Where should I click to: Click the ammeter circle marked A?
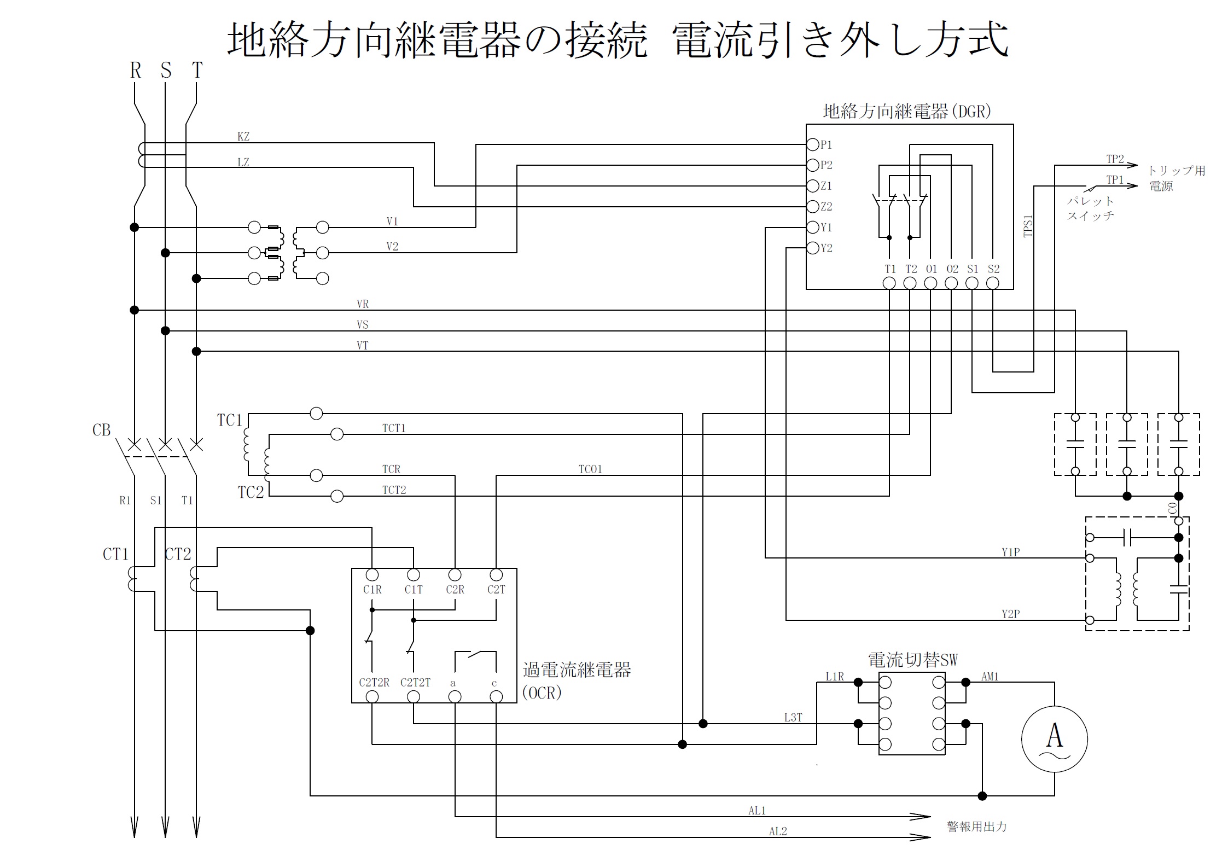pyautogui.click(x=1054, y=739)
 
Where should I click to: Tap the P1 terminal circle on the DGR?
pyautogui.click(x=813, y=144)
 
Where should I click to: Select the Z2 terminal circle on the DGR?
pyautogui.click(x=813, y=206)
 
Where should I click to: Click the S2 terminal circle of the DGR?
pyautogui.click(x=992, y=282)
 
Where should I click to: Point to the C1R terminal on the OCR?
pyautogui.click(x=372, y=575)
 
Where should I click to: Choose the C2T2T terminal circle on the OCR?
pyautogui.click(x=414, y=696)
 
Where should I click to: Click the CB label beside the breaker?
pyautogui.click(x=101, y=430)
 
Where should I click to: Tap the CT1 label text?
pyautogui.click(x=115, y=555)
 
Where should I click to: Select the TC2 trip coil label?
pyautogui.click(x=251, y=493)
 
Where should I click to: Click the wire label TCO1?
pyautogui.click(x=590, y=469)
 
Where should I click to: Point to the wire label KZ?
pyautogui.click(x=243, y=137)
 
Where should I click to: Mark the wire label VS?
pyautogui.click(x=362, y=325)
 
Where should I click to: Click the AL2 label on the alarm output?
pyautogui.click(x=778, y=831)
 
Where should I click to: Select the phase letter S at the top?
pyautogui.click(x=166, y=71)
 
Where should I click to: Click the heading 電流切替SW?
pyautogui.click(x=913, y=660)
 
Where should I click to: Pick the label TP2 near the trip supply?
pyautogui.click(x=1115, y=159)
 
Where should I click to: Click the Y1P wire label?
pyautogui.click(x=1010, y=552)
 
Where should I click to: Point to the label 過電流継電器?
pyautogui.click(x=577, y=670)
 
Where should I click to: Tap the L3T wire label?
pyautogui.click(x=793, y=718)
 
